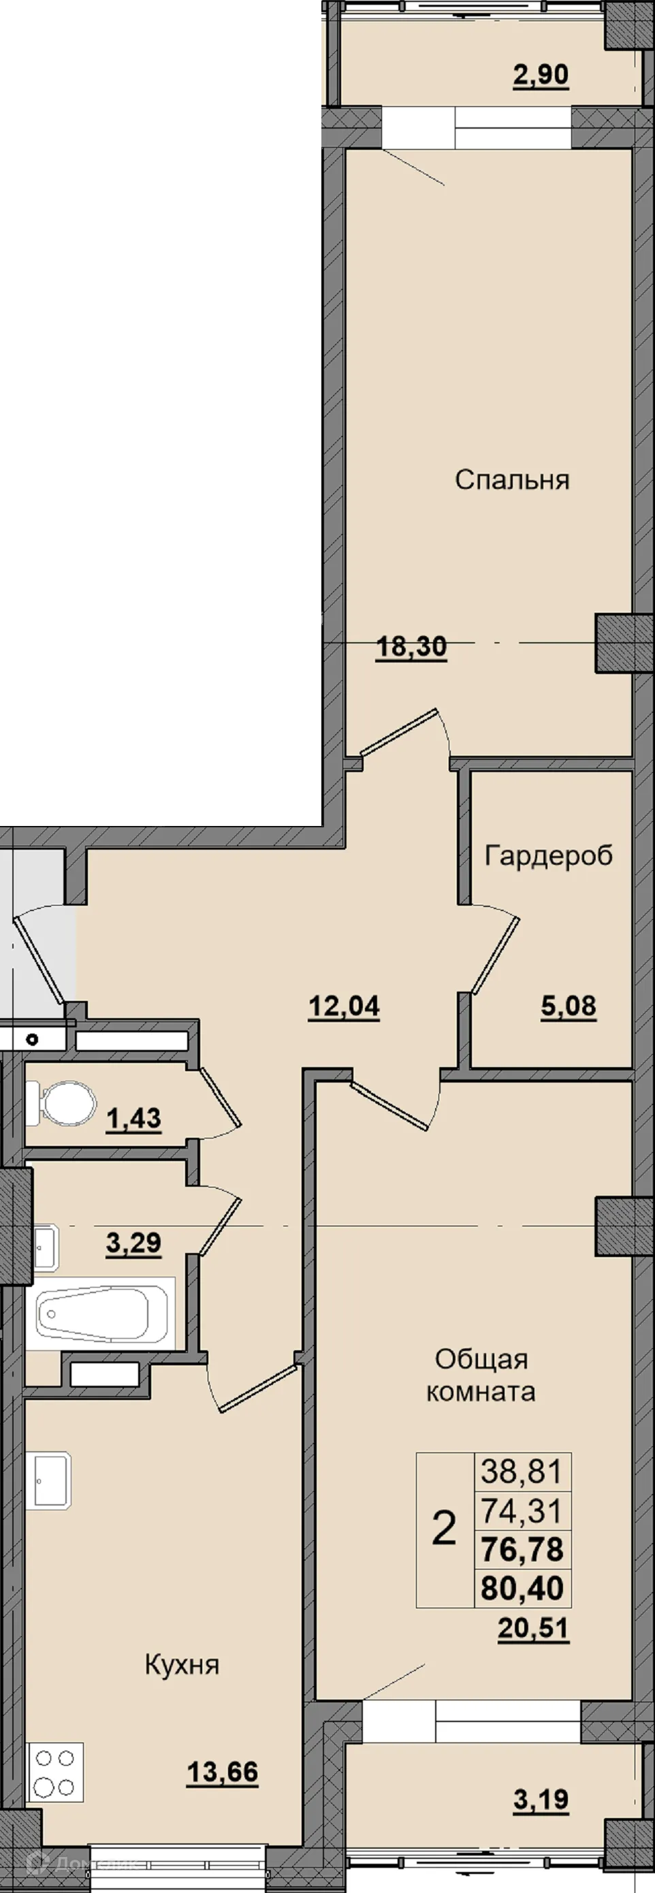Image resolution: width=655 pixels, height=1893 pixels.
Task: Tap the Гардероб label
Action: [x=548, y=855]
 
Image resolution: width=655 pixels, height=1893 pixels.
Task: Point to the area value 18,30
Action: [x=411, y=648]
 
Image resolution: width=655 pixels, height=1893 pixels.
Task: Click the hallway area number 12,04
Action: [x=343, y=1006]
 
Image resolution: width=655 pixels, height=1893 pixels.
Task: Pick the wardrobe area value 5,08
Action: [x=569, y=1006]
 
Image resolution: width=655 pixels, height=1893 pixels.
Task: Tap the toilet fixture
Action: [x=61, y=1103]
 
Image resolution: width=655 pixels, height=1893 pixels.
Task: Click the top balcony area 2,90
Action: [x=541, y=75]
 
